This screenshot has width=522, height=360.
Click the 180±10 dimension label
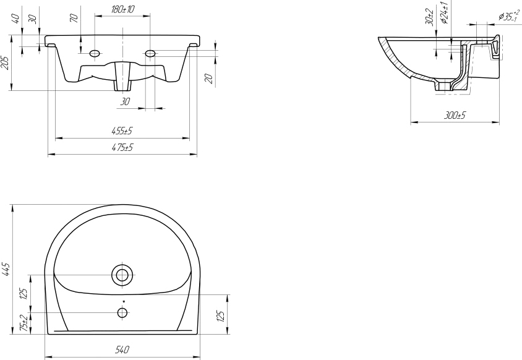click(123, 9)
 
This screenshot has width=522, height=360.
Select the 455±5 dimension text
click(122, 131)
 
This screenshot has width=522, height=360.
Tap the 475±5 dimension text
click(122, 147)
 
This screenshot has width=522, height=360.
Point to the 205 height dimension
click(6, 63)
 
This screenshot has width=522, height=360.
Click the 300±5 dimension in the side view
click(455, 115)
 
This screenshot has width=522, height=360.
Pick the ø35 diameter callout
click(508, 16)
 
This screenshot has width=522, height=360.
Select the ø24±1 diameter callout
click(445, 12)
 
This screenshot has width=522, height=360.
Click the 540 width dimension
click(122, 349)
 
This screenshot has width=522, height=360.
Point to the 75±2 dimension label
click(24, 324)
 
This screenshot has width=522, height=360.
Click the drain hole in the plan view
click(122, 275)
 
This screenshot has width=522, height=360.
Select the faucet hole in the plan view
click(122, 313)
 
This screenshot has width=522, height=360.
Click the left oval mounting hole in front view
click(95, 53)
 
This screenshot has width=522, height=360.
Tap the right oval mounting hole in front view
click(150, 53)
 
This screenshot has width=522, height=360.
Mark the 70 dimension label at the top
click(75, 18)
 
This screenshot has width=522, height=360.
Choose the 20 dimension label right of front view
click(209, 79)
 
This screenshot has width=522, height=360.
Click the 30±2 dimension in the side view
click(429, 17)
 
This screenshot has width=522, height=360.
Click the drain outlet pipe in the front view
click(122, 76)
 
